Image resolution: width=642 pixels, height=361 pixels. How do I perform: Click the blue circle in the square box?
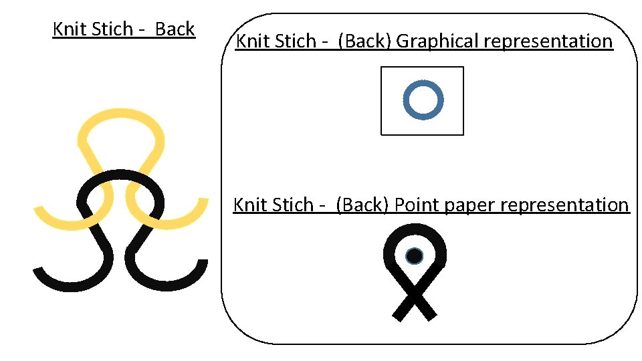click(423, 101)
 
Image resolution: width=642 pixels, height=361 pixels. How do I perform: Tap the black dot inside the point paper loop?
click(414, 256)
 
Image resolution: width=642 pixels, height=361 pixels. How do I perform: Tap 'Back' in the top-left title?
click(175, 29)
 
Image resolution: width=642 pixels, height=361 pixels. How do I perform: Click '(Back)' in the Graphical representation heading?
click(365, 41)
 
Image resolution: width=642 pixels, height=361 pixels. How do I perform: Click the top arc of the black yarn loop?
click(120, 175)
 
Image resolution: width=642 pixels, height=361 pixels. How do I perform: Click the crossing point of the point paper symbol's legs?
click(415, 293)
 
